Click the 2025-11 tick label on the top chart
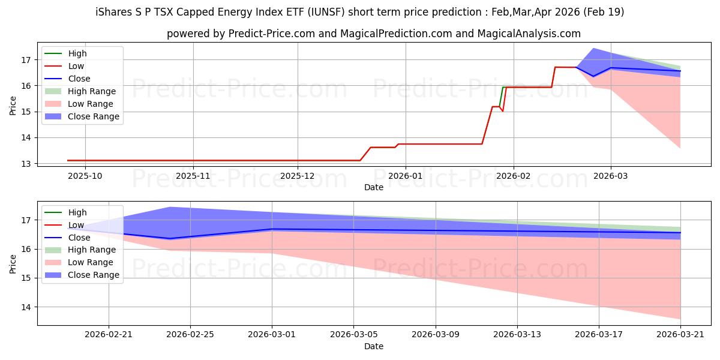tap(193, 176)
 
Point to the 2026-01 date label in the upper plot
tap(406, 176)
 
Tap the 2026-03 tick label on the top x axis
tap(610, 176)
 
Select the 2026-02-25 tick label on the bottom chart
tap(190, 335)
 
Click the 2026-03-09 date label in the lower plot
tap(436, 335)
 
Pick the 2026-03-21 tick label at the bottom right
tap(680, 335)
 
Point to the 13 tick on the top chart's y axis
tap(26, 164)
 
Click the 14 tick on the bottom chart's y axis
tap(26, 307)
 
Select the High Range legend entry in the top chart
tap(80, 91)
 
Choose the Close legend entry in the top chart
tap(67, 79)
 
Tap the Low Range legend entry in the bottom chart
tap(79, 262)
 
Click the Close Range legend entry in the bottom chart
tap(82, 275)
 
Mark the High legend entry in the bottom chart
tap(65, 212)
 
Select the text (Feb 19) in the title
tap(604, 12)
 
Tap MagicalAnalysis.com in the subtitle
tap(529, 34)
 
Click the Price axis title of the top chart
tap(13, 106)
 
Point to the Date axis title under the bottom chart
tap(373, 347)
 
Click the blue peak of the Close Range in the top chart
tap(593, 49)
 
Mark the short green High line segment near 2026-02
tap(501, 97)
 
